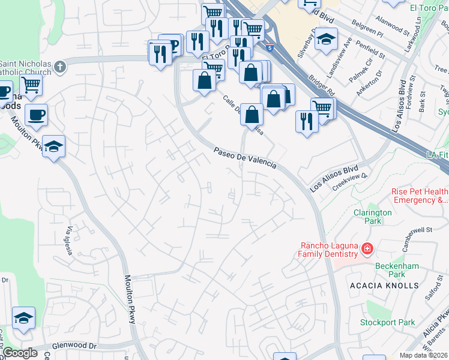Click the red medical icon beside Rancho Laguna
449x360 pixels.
click(x=366, y=248)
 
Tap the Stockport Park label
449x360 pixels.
click(x=387, y=322)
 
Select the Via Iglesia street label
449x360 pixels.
click(x=70, y=241)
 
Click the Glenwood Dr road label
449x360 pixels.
click(x=74, y=346)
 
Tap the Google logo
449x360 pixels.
click(x=20, y=353)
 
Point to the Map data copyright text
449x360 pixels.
click(x=424, y=355)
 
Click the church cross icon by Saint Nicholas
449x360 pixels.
click(x=60, y=67)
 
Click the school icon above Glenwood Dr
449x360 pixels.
click(x=23, y=318)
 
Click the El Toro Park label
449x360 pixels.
click(x=429, y=7)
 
